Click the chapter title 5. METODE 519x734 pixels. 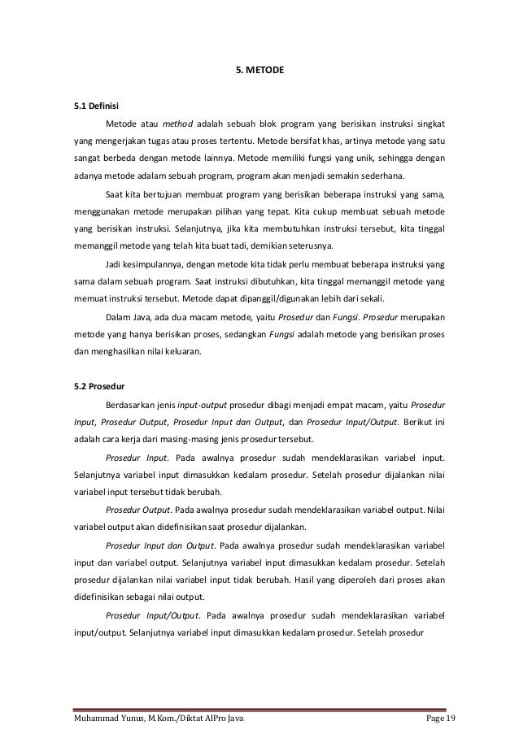tap(259, 71)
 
